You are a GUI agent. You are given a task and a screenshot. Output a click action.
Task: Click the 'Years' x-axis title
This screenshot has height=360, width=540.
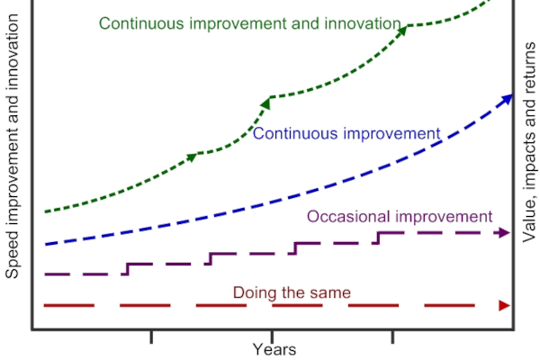(274, 349)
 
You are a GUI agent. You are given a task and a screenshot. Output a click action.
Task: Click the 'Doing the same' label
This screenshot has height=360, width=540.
(292, 292)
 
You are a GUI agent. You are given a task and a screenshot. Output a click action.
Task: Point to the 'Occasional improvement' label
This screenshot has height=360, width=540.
(400, 217)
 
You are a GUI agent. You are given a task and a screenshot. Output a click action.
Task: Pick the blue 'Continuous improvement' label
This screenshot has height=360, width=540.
(346, 134)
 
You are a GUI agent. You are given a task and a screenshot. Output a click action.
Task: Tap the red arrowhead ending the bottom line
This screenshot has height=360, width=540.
(504, 306)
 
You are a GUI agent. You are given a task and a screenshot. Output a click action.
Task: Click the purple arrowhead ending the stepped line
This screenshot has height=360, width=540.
(504, 233)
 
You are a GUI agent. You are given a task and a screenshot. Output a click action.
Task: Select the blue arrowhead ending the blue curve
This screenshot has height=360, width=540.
(508, 97)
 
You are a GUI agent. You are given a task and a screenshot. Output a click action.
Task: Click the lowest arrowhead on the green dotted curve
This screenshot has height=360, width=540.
(192, 156)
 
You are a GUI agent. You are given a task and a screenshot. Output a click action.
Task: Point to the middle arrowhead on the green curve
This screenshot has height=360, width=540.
(267, 100)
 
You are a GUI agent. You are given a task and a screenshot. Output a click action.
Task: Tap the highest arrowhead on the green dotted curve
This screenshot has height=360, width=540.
(402, 30)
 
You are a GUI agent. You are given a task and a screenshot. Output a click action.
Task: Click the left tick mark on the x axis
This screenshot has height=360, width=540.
(151, 337)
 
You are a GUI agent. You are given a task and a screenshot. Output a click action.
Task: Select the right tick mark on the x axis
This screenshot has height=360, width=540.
(391, 337)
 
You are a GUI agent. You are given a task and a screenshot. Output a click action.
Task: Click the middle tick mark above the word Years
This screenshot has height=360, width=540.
(271, 335)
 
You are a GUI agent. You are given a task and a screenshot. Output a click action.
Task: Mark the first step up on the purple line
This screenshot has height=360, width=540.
(127, 268)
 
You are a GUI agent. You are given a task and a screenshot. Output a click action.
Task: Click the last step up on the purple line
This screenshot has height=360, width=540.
(378, 238)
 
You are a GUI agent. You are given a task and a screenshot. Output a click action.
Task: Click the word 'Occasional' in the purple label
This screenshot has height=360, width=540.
(343, 217)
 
